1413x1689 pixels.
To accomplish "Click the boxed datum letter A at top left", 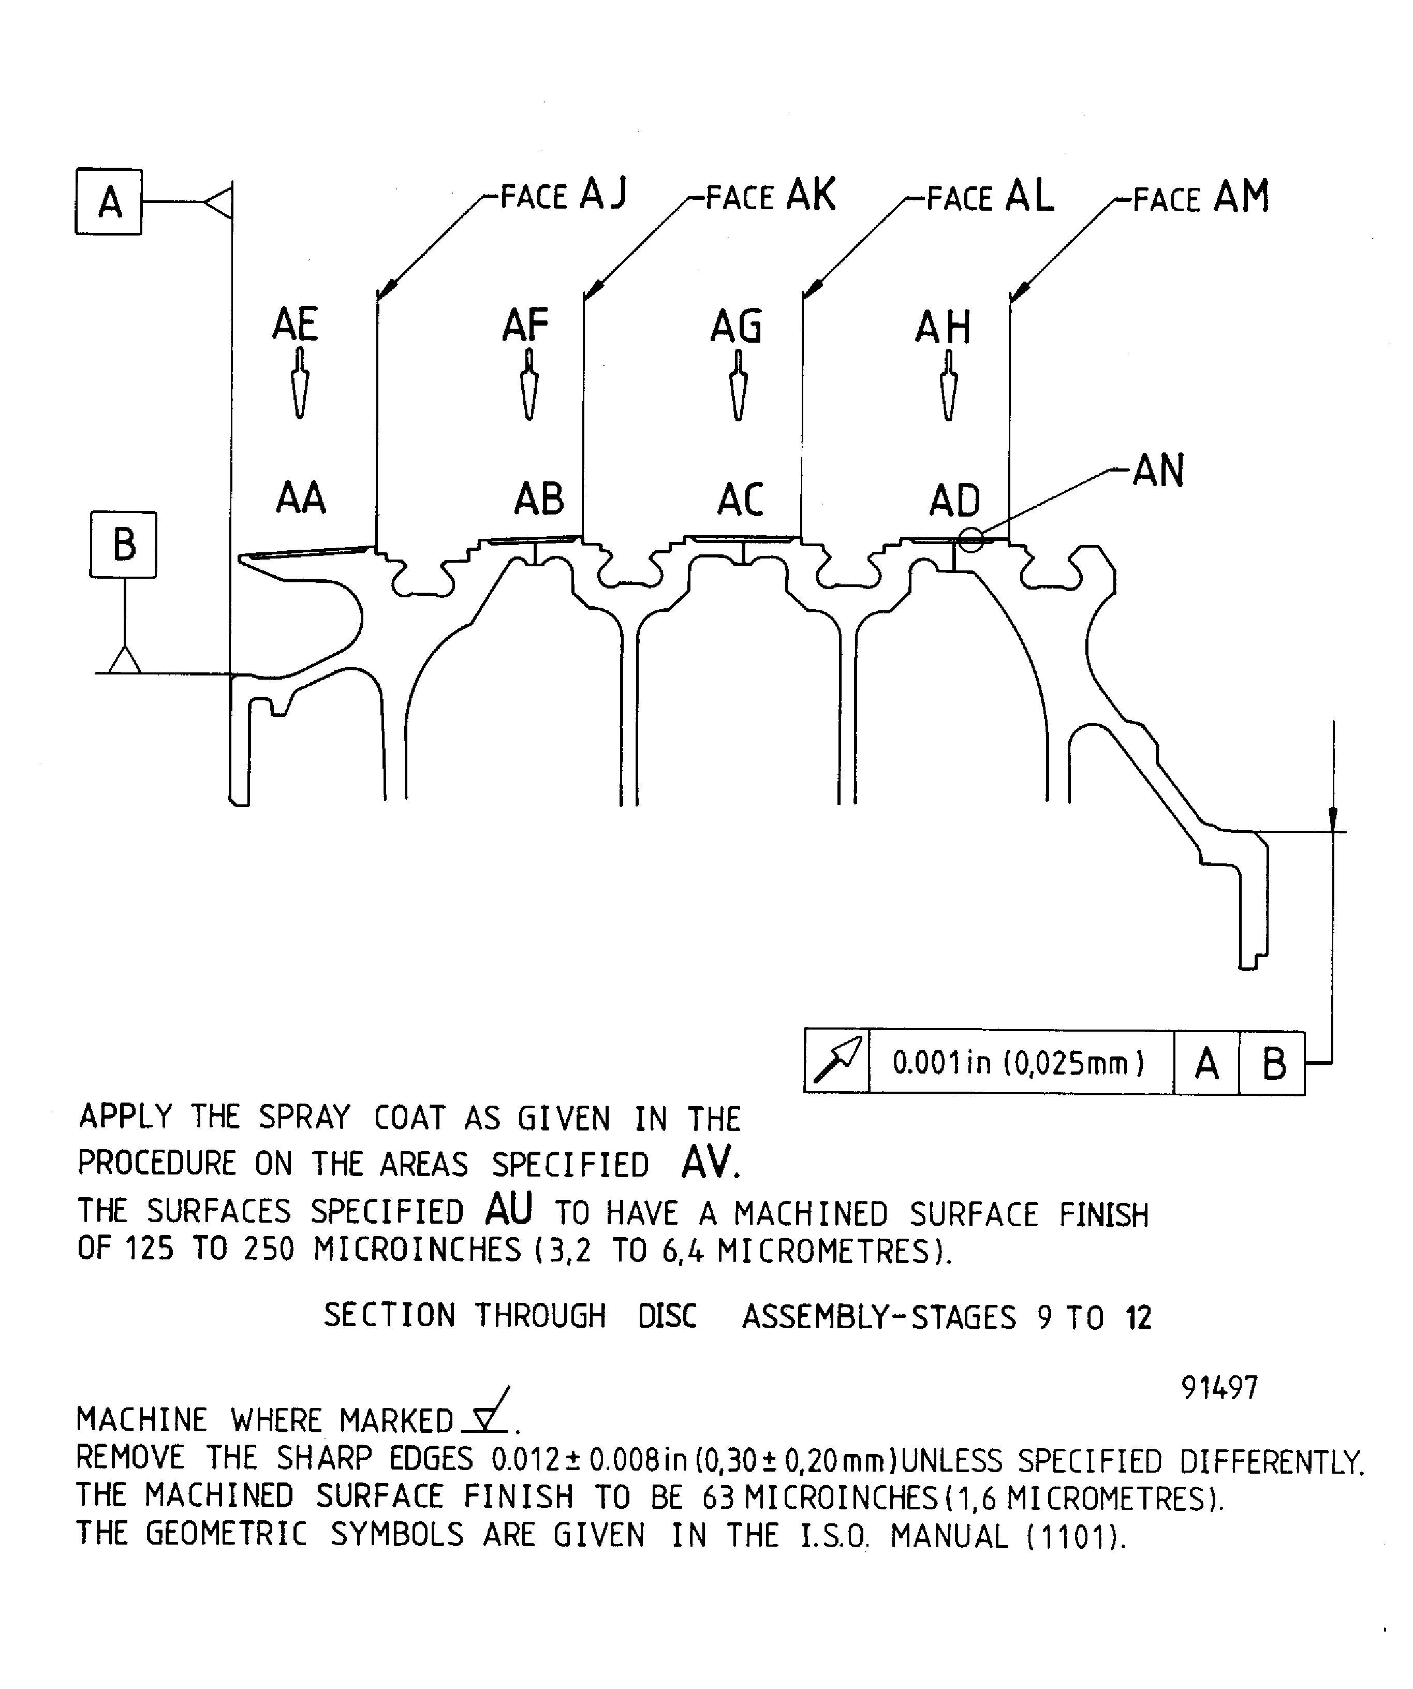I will tap(109, 202).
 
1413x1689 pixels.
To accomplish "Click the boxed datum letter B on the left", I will tap(123, 545).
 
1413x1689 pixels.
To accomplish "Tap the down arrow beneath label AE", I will tap(299, 385).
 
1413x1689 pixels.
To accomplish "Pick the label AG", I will tap(736, 327).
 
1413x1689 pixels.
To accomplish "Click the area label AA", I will tap(300, 498).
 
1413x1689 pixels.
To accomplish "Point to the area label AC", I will tap(740, 500).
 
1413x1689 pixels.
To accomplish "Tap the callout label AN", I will tap(1158, 471).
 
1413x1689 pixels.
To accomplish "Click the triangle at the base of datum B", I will tap(125, 660).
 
